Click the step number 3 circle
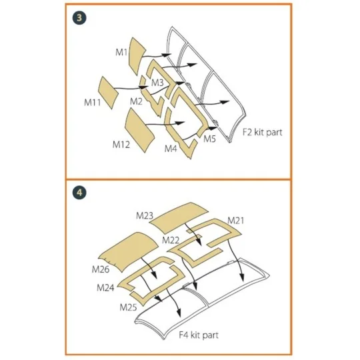(x=79, y=18)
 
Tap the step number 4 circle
(x=79, y=193)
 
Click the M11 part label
(x=93, y=103)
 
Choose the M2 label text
(x=136, y=101)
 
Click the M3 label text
(x=157, y=83)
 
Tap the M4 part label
(x=171, y=148)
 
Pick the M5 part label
(x=209, y=139)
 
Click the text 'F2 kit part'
(x=263, y=132)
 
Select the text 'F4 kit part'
(x=199, y=335)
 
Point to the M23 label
(x=145, y=215)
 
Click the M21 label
(x=236, y=220)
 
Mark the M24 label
(x=105, y=288)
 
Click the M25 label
(x=128, y=307)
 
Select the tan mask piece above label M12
(x=142, y=124)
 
